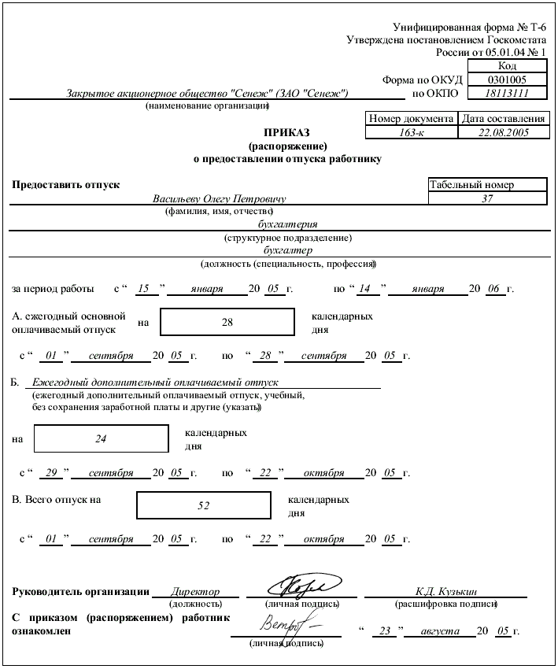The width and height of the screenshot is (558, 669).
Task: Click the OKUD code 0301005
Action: [x=507, y=79]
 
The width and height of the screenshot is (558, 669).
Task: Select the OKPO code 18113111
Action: [x=507, y=93]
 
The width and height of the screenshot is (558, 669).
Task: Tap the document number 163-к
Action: [x=412, y=132]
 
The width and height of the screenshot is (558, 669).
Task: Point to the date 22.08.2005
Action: [x=504, y=132]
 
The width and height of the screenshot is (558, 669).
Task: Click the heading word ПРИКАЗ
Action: [x=287, y=133]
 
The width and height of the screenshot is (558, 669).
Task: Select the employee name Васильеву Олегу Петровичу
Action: [x=219, y=199]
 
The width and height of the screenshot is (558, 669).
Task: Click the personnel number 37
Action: [x=487, y=199]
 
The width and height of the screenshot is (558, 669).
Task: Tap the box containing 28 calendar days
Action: [x=227, y=322]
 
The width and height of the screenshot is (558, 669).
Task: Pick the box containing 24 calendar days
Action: [x=101, y=439]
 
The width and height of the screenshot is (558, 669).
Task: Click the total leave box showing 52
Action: [x=204, y=506]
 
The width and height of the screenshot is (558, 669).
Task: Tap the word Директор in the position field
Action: [x=194, y=592]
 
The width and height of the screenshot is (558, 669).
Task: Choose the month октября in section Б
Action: [x=323, y=474]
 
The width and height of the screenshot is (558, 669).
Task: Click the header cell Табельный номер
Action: [x=471, y=185]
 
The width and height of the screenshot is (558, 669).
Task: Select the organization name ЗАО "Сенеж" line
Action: [x=209, y=94]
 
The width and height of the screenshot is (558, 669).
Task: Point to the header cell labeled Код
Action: [x=507, y=66]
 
